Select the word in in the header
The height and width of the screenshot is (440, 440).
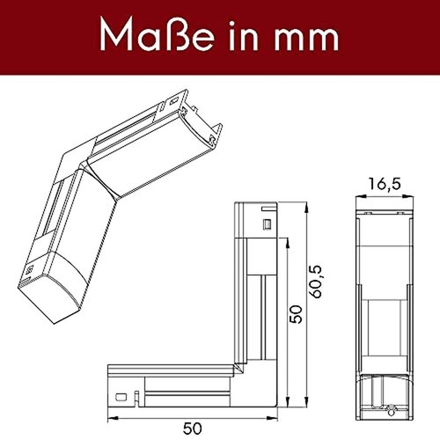tap(231, 36)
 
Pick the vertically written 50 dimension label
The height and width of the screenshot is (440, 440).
tap(297, 312)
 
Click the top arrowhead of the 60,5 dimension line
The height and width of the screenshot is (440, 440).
tap(307, 209)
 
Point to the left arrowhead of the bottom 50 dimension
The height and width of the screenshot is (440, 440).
tap(110, 414)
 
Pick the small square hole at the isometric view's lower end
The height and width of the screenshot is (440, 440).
tap(28, 266)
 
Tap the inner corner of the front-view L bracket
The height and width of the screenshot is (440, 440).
tap(246, 363)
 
